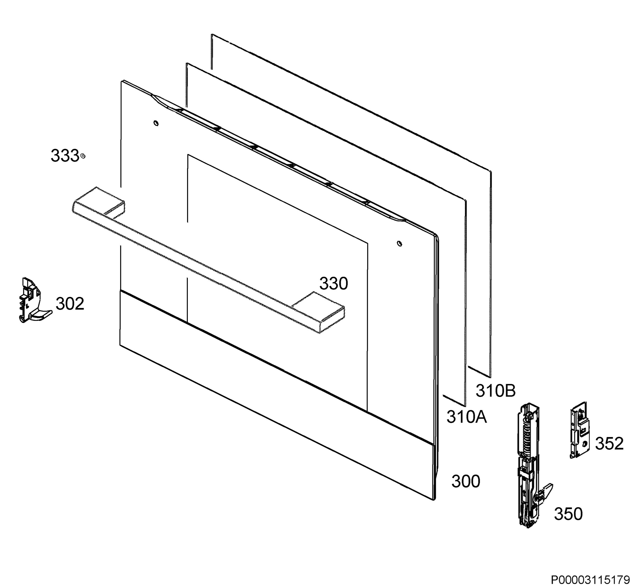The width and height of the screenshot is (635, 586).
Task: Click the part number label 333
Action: point(65,156)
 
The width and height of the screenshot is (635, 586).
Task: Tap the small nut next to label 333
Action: point(83,156)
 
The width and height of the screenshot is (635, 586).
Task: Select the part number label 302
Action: point(70,304)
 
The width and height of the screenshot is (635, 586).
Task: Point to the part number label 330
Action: point(334,283)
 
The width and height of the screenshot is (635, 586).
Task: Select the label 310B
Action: point(495,390)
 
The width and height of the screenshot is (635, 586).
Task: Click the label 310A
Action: point(466,417)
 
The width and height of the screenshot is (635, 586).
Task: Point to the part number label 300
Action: point(466,481)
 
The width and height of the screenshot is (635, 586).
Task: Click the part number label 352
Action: point(609,443)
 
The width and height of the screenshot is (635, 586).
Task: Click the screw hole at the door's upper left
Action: point(156,123)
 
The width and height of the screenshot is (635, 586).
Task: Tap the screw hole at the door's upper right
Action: point(400,244)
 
